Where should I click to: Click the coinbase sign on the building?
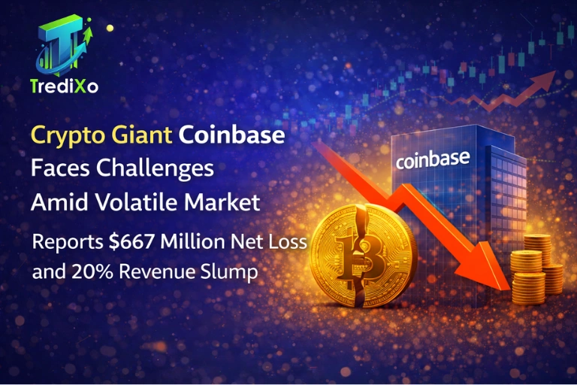432,159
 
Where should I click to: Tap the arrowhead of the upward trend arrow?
551,76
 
